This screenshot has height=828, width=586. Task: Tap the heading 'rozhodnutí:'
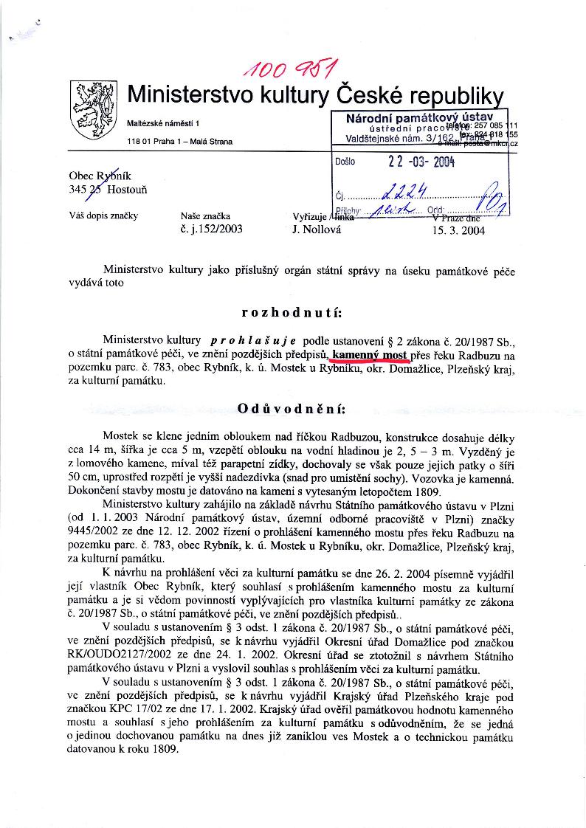pyautogui.click(x=293, y=311)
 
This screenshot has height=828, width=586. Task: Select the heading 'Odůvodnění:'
pyautogui.click(x=293, y=408)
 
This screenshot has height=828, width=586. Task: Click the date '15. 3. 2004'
pyautogui.click(x=459, y=229)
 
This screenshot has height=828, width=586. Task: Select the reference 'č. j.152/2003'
pyautogui.click(x=211, y=229)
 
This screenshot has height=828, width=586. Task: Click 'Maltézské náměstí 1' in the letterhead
pyautogui.click(x=168, y=121)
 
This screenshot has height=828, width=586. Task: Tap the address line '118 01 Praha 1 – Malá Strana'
pyautogui.click(x=179, y=141)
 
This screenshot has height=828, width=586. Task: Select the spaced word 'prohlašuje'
pyautogui.click(x=253, y=340)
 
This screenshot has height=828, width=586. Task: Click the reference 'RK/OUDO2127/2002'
pyautogui.click(x=151, y=658)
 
